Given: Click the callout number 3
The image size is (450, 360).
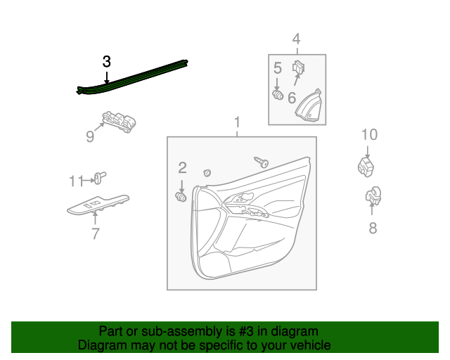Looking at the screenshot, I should [106, 62].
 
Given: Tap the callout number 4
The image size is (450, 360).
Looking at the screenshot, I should [296, 39].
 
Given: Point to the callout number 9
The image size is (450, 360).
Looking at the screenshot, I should [90, 136].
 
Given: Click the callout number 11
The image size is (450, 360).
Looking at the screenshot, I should [76, 181].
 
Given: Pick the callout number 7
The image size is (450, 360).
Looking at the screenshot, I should [96, 234].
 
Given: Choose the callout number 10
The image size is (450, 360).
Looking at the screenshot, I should [369, 134].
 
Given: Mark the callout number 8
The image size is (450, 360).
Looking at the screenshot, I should [373, 227].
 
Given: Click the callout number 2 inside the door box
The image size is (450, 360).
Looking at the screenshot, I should [182, 167].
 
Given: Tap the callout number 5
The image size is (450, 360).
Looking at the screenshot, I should [278, 68].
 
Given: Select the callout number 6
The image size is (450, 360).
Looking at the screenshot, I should [292, 96].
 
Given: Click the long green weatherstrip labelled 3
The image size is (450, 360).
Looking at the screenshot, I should [134, 76].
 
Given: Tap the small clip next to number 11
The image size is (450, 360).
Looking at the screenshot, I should [99, 177].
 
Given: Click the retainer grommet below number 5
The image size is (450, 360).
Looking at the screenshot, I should [278, 94].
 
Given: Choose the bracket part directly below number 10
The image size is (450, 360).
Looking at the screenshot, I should [365, 167].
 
